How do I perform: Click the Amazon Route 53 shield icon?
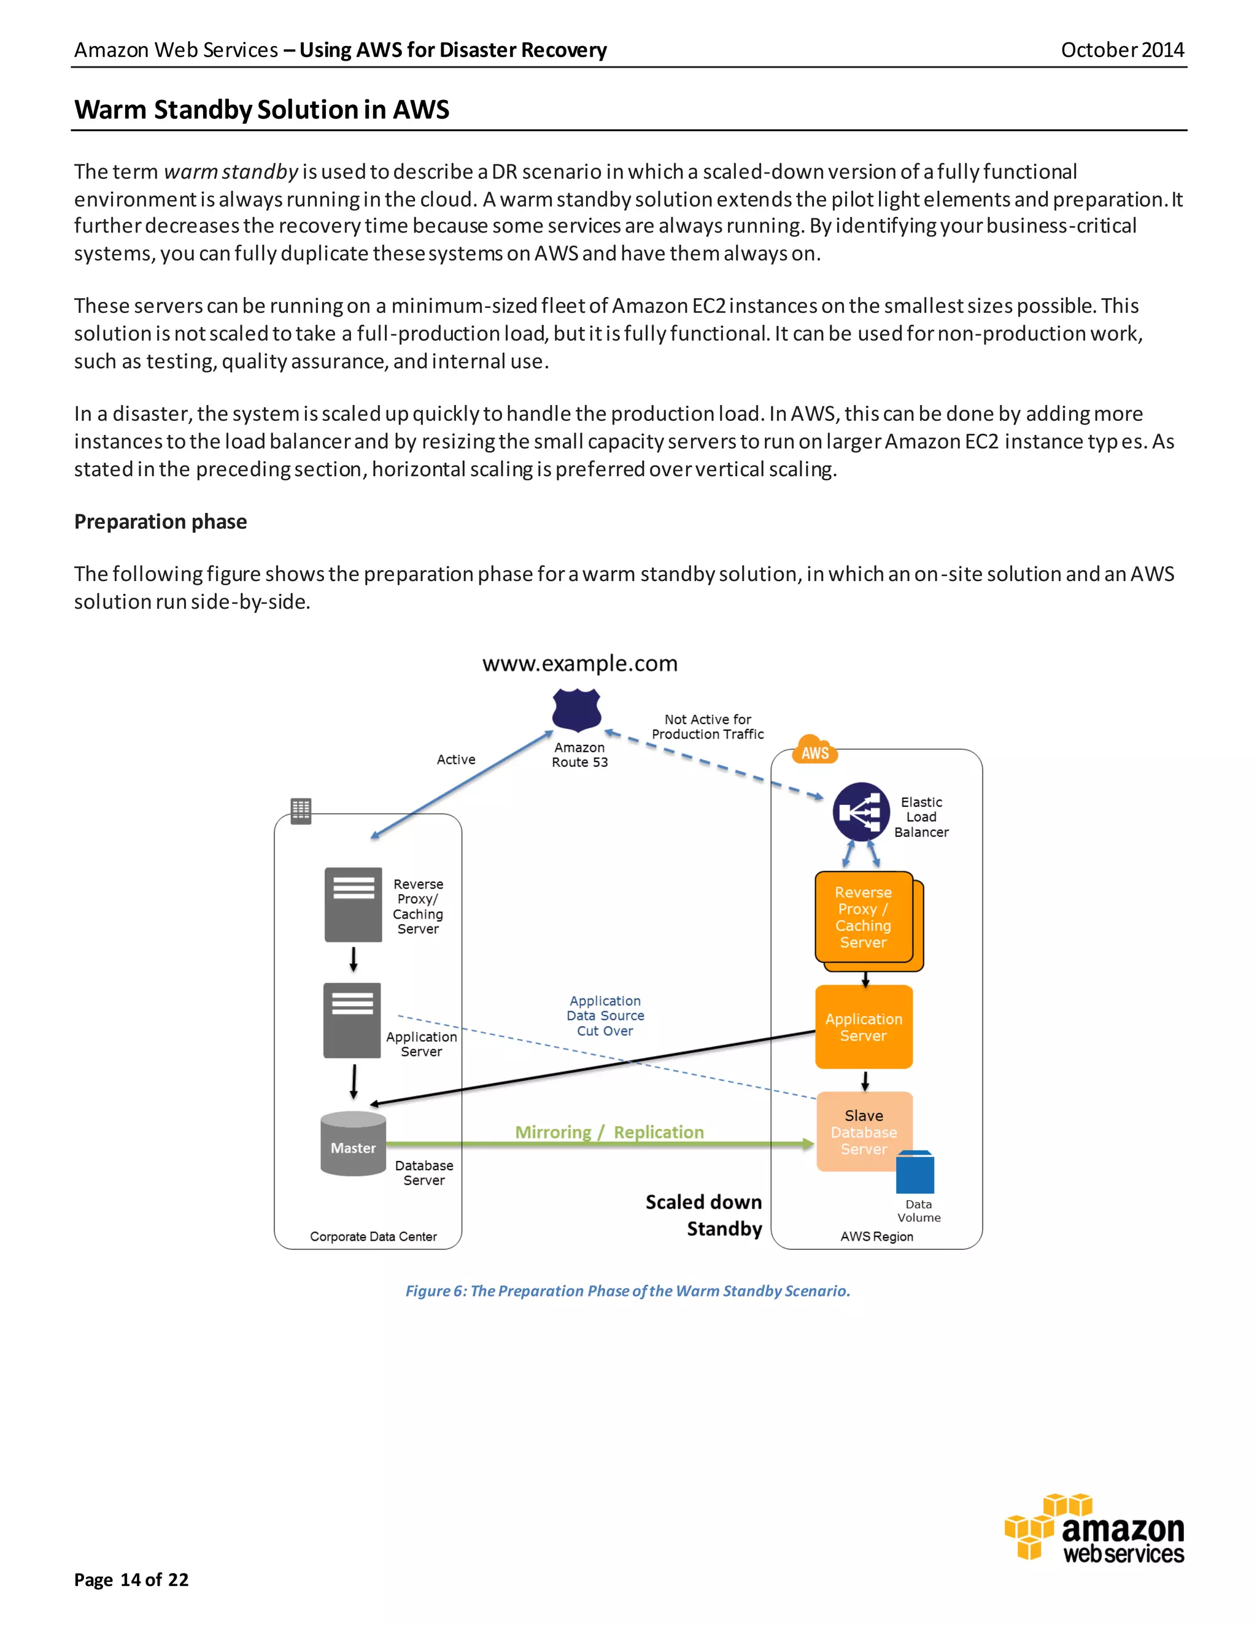pos(576,709)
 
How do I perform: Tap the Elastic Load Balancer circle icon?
pos(861,812)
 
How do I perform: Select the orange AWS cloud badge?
pos(816,751)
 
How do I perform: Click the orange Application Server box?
pos(863,1027)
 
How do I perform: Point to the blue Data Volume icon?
pos(915,1172)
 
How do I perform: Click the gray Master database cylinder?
pos(353,1144)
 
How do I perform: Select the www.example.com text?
pos(579,663)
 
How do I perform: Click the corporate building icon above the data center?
pos(301,811)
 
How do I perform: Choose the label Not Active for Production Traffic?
pos(708,726)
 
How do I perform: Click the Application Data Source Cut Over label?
pos(605,1015)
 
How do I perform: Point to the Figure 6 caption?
pos(627,1291)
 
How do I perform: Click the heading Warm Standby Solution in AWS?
pos(261,109)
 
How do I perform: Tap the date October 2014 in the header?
pos(1121,50)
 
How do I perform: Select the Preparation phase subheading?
pos(160,521)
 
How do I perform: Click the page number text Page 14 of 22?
pos(131,1580)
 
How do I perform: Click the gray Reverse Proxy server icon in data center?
pos(353,904)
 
